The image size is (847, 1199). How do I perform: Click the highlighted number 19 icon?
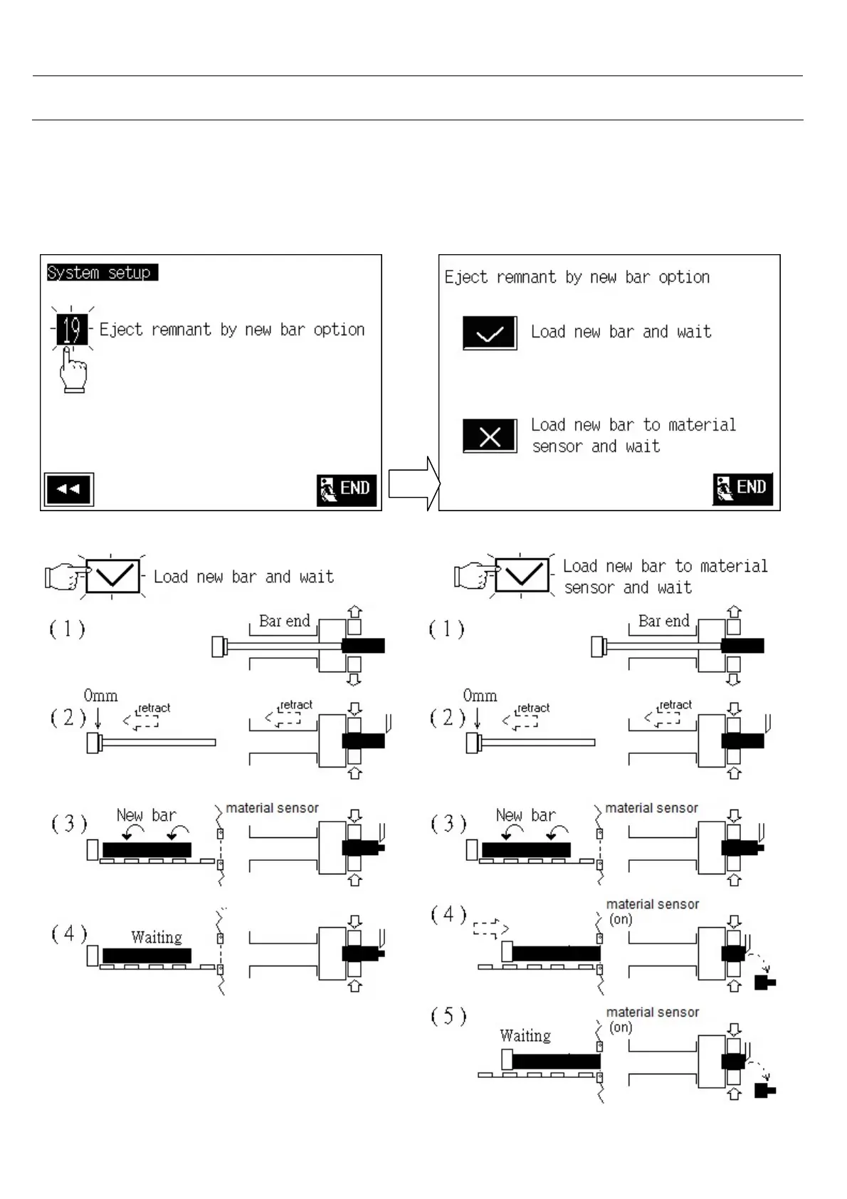[71, 330]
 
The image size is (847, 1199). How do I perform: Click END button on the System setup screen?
[347, 489]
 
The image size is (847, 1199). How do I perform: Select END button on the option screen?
[742, 488]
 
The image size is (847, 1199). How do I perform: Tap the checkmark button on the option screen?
[490, 333]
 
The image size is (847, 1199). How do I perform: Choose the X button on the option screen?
[490, 436]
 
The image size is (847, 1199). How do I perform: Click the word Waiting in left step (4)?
[157, 937]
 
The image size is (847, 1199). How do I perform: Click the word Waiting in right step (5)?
[525, 1035]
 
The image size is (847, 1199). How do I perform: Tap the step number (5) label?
[448, 1016]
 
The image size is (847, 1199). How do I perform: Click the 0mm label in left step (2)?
[100, 696]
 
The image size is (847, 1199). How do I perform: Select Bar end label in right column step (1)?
[663, 621]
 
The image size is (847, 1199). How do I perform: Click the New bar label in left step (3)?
[147, 815]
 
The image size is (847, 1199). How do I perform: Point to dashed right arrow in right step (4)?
[490, 928]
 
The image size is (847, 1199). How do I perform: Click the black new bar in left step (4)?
[147, 955]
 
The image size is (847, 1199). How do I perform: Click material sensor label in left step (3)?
[272, 808]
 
